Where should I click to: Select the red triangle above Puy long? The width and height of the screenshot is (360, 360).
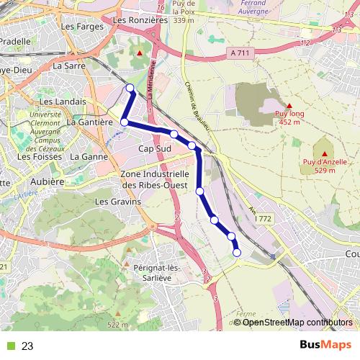coord(289,106)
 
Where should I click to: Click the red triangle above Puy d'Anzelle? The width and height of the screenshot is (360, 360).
coord(325,154)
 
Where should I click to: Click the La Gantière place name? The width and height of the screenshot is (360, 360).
coord(90,122)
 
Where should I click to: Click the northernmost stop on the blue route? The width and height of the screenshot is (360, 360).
coord(130,89)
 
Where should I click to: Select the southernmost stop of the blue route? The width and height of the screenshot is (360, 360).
coord(237,252)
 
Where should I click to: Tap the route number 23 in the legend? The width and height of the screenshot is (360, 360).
coord(27,346)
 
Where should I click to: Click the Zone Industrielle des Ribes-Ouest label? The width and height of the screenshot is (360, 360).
coord(155,179)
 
